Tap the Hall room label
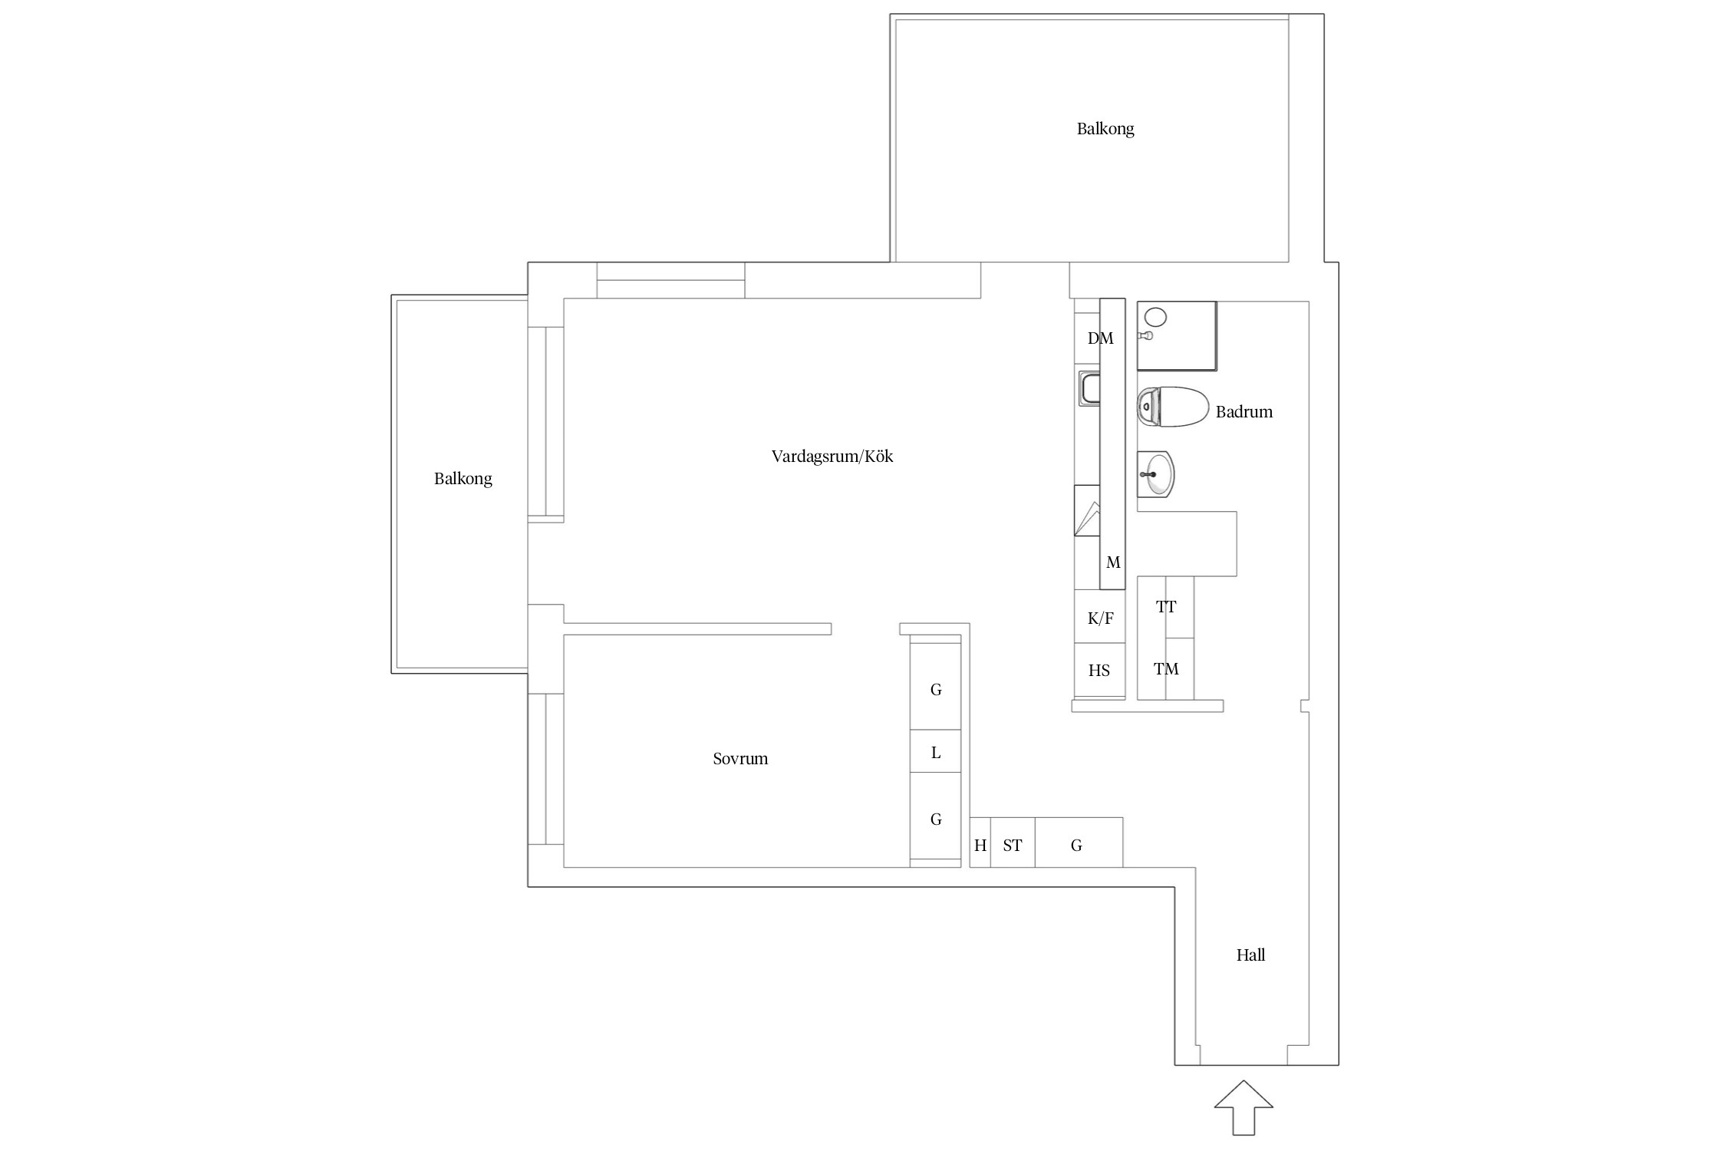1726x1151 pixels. [1250, 955]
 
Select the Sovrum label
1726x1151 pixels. [740, 759]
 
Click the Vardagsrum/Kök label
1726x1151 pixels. [832, 457]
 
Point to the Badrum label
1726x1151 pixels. [1243, 412]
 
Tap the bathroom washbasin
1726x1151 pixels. [1155, 474]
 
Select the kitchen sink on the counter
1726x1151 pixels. [1089, 388]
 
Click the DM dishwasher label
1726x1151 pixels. [1100, 338]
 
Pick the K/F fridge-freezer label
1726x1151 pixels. [1100, 618]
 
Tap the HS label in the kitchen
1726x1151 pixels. [1099, 671]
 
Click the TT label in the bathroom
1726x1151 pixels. [1166, 607]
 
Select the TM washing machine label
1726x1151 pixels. [1166, 669]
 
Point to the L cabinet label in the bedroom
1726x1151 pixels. [936, 753]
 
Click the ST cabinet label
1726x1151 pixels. [1013, 846]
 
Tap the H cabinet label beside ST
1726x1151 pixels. [980, 846]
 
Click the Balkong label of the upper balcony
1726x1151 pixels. [1105, 129]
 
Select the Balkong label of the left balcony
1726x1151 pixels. [463, 479]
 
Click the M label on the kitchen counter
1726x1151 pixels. [1113, 562]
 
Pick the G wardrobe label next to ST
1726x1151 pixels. [1076, 846]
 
